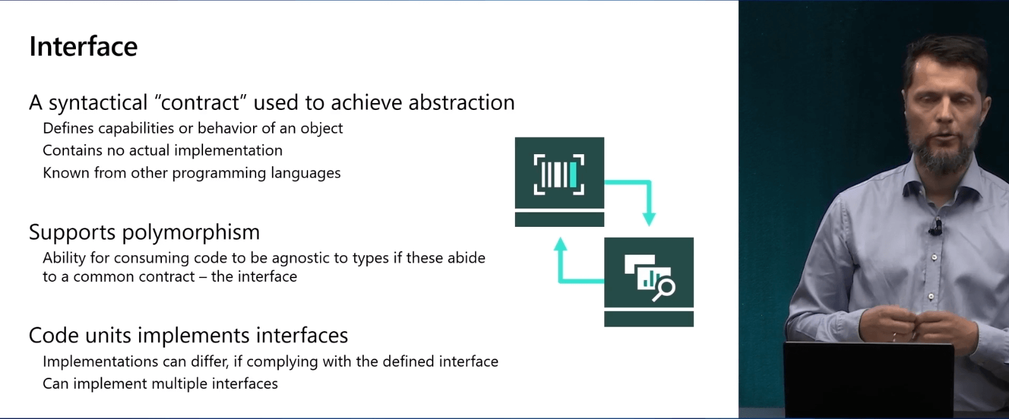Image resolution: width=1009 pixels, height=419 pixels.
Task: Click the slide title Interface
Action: tap(84, 46)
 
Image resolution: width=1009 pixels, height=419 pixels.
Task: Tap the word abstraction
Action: tap(461, 102)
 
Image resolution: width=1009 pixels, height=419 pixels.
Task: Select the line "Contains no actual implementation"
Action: tap(163, 150)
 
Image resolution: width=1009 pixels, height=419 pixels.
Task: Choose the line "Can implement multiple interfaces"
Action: tap(160, 384)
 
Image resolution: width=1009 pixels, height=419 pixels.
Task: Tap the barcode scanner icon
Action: tap(559, 174)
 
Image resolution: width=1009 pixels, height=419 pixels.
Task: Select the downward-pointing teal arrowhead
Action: tap(648, 219)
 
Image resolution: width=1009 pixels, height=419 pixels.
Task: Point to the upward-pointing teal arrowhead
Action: tap(560, 245)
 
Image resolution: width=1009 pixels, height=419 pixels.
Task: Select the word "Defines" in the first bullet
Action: tap(68, 128)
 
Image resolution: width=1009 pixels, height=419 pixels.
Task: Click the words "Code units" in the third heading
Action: tap(80, 336)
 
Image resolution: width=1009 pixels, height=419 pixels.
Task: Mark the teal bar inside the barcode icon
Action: tap(573, 174)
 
